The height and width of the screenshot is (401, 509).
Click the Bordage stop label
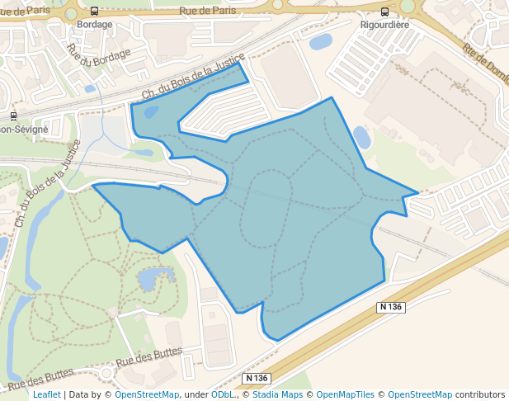coord(94,25)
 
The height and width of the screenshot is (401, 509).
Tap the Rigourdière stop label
coord(384,25)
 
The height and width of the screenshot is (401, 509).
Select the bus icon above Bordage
coord(94,12)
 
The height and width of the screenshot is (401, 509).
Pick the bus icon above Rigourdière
coord(385,12)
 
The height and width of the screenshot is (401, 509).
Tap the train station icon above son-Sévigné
coord(14,116)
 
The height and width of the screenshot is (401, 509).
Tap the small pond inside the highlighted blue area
coord(150,112)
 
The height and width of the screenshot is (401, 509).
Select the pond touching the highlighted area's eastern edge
coord(361,137)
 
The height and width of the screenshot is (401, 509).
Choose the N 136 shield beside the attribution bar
coord(257,378)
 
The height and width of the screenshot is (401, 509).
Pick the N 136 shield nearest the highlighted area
coord(391,307)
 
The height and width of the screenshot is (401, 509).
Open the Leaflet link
coord(47,394)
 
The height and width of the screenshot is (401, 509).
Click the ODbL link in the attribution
coord(222,394)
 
